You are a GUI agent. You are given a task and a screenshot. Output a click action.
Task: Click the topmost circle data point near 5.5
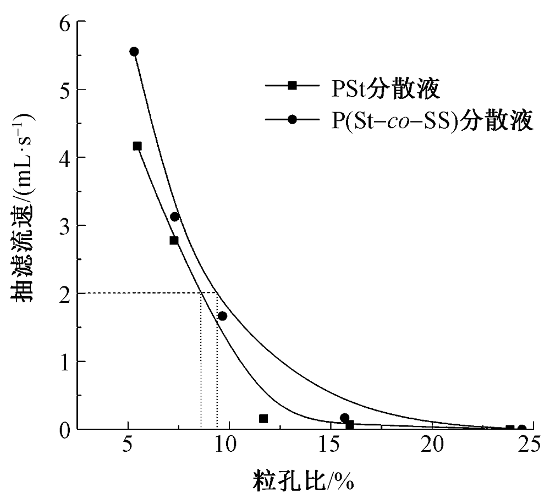pos(134,52)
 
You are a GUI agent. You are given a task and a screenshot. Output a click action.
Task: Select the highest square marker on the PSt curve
pos(137,146)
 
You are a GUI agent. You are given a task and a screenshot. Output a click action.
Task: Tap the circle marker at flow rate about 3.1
pos(175,217)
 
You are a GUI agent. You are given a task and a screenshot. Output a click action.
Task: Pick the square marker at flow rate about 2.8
pos(174,240)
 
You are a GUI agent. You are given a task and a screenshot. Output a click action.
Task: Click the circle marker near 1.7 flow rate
pos(222,316)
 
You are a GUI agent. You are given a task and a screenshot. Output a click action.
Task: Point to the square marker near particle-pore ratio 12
pos(263,419)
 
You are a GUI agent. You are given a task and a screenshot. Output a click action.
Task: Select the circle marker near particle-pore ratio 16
pos(345,418)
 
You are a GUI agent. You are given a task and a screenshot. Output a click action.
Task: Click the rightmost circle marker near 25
pos(522,429)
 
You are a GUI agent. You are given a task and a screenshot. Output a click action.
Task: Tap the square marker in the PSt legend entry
pos(293,85)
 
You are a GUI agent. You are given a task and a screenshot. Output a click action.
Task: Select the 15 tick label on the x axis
pos(329,446)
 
